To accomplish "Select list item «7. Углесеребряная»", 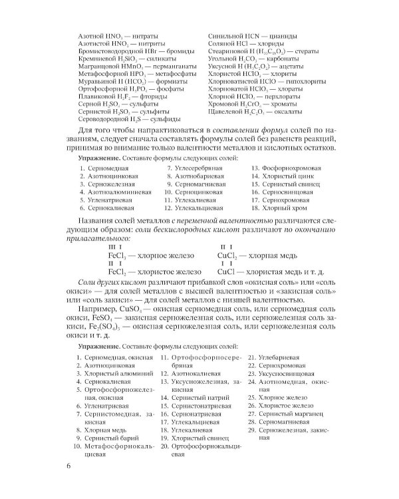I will (194, 168).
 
